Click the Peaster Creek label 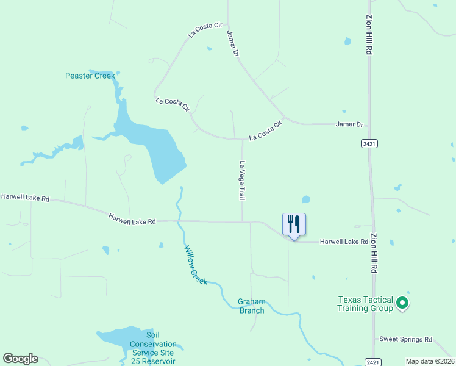(90, 76)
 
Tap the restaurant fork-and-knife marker (294, 225)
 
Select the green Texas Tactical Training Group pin (402, 303)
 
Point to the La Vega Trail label (242, 181)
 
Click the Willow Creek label (196, 265)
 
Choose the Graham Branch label (251, 306)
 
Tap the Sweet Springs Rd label (405, 339)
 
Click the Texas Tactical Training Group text (366, 303)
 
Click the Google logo (20, 359)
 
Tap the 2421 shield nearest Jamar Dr (368, 143)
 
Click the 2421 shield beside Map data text (375, 362)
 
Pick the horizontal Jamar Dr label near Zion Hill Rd (349, 124)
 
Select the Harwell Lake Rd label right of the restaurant (344, 242)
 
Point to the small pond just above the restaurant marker (306, 199)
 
